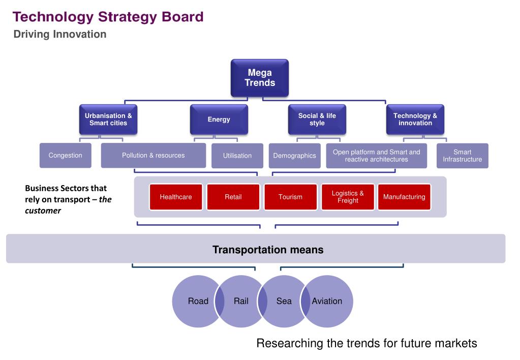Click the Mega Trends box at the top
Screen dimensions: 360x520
(x=260, y=78)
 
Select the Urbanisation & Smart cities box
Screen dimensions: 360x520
(x=108, y=119)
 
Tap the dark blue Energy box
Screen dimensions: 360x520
(x=219, y=119)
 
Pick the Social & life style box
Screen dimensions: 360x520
(x=317, y=119)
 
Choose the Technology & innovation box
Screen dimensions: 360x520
(x=415, y=119)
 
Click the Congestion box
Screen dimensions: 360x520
(x=65, y=156)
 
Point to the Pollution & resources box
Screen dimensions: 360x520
(x=153, y=156)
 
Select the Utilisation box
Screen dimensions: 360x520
(x=237, y=156)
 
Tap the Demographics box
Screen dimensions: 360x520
(x=294, y=156)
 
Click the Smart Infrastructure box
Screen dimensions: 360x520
(x=462, y=156)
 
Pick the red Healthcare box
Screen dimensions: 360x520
(x=176, y=197)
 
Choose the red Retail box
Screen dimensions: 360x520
(x=233, y=197)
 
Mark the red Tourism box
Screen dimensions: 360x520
(x=290, y=197)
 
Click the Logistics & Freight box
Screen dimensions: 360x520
(x=348, y=197)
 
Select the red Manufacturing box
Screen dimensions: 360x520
(x=404, y=197)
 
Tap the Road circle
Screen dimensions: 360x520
(x=197, y=301)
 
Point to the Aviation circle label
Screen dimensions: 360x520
(x=327, y=301)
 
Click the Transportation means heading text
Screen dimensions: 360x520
(x=268, y=250)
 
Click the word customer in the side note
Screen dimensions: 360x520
(x=43, y=211)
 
